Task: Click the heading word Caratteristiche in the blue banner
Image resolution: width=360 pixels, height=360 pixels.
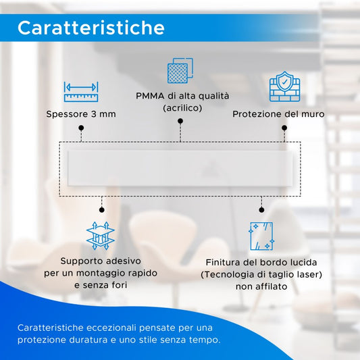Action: [91, 28]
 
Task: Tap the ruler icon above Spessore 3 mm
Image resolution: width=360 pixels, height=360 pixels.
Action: [81, 92]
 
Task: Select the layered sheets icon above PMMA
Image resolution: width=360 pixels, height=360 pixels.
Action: [180, 70]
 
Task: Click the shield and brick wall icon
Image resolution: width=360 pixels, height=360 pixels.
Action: [285, 86]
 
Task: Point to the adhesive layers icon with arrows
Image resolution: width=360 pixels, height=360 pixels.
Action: [101, 236]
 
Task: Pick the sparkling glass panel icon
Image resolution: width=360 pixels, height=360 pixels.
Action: [261, 236]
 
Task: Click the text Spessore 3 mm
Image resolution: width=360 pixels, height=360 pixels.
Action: [81, 114]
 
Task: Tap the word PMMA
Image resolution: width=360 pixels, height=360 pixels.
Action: [150, 96]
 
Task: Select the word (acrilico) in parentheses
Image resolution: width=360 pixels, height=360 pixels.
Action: [182, 108]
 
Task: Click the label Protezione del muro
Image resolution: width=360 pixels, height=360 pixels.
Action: [278, 114]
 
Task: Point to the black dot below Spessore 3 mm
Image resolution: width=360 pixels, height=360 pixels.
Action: [81, 128]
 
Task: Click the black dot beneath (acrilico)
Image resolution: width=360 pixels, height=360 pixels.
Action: [180, 121]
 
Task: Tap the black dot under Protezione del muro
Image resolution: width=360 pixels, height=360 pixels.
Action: [284, 128]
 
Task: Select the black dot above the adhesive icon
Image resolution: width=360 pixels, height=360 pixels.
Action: [102, 209]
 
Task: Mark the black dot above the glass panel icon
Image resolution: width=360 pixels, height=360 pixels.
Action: [261, 209]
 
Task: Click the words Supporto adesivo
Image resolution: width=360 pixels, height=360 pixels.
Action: [101, 261]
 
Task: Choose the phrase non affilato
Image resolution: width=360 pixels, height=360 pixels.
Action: [261, 286]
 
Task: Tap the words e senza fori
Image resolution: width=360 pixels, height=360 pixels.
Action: [101, 285]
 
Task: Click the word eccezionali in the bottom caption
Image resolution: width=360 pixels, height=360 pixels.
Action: [111, 328]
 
